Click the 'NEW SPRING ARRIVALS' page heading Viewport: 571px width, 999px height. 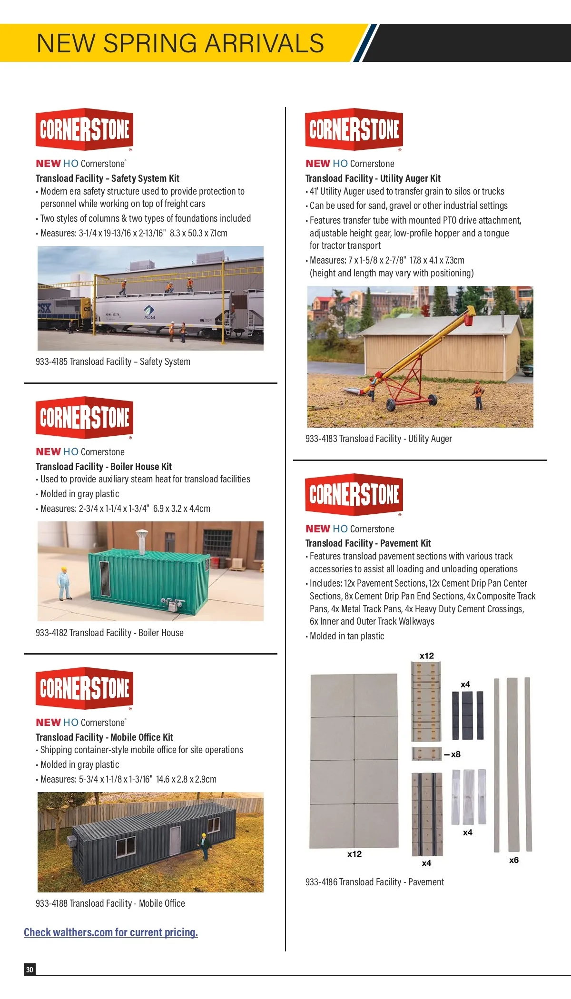pyautogui.click(x=180, y=43)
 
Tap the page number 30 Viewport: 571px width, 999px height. pyautogui.click(x=30, y=970)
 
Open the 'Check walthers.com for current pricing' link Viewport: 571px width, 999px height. pyautogui.click(x=111, y=932)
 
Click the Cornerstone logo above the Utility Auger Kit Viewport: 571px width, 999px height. pyautogui.click(x=354, y=129)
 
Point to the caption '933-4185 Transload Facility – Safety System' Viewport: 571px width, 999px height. pyautogui.click(x=113, y=362)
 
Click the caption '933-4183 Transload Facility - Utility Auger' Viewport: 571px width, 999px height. pyautogui.click(x=378, y=439)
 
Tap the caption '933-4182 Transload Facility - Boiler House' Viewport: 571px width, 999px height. pyautogui.click(x=109, y=633)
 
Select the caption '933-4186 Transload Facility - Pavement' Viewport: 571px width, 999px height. pyautogui.click(x=374, y=882)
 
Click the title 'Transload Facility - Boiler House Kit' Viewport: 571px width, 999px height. pyautogui.click(x=104, y=466)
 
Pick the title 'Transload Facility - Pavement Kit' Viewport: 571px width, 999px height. pyautogui.click(x=368, y=543)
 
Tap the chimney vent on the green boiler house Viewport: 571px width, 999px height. pyautogui.click(x=141, y=540)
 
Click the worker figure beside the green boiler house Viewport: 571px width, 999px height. pyautogui.click(x=63, y=583)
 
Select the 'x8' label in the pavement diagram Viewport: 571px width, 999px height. pyautogui.click(x=455, y=754)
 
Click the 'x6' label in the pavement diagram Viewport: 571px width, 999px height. pyautogui.click(x=514, y=860)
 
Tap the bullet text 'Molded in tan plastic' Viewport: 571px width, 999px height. pyautogui.click(x=346, y=636)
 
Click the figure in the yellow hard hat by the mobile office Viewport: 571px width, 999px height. pyautogui.click(x=205, y=845)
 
